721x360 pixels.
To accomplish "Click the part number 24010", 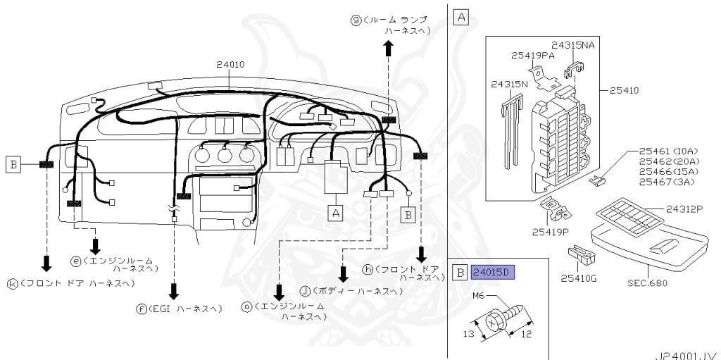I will pos(230,64).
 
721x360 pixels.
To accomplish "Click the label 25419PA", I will pos(533,54).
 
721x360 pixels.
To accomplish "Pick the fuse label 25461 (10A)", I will pos(667,151).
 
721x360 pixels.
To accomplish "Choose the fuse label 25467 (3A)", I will pos(666,182).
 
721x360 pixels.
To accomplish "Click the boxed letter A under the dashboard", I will pos(336,211).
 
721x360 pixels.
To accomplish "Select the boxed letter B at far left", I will pos(13,165).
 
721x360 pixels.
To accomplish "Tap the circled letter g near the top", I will pos(356,20).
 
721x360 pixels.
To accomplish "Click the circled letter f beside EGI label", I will pos(143,309).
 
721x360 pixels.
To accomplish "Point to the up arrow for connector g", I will pos(388,48).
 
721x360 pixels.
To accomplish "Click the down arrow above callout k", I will pos(46,263).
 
